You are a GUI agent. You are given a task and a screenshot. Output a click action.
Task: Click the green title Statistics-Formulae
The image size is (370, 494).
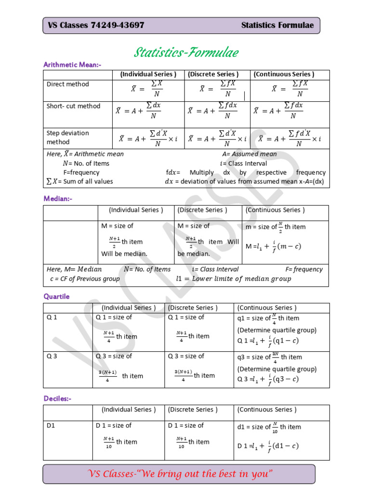click(x=186, y=52)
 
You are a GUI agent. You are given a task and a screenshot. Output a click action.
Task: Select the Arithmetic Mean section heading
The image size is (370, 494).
click(x=72, y=65)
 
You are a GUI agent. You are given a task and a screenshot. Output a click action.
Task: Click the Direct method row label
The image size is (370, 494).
click(x=67, y=84)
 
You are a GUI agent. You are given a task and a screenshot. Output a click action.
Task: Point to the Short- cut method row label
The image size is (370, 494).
click(x=73, y=106)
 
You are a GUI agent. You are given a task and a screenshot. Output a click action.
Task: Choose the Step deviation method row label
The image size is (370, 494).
click(x=67, y=137)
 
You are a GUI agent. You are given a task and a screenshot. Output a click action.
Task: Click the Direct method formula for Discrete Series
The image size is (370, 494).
click(x=218, y=89)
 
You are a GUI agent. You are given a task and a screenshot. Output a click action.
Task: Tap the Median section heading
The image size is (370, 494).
click(x=58, y=198)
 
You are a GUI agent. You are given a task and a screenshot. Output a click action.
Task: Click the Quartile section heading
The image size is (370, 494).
click(x=56, y=296)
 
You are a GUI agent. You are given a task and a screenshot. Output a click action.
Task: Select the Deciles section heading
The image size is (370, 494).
click(x=57, y=398)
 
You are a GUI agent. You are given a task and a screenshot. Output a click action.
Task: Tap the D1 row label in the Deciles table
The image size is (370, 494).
click(x=51, y=425)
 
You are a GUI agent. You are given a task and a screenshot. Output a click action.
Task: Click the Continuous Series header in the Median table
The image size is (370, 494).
click(x=275, y=210)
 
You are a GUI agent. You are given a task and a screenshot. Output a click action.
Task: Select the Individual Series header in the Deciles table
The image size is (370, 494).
click(x=129, y=410)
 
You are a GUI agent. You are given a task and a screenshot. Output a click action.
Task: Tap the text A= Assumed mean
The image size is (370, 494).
click(x=250, y=154)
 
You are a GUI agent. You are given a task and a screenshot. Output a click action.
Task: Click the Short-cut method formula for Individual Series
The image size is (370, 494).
click(x=138, y=111)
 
